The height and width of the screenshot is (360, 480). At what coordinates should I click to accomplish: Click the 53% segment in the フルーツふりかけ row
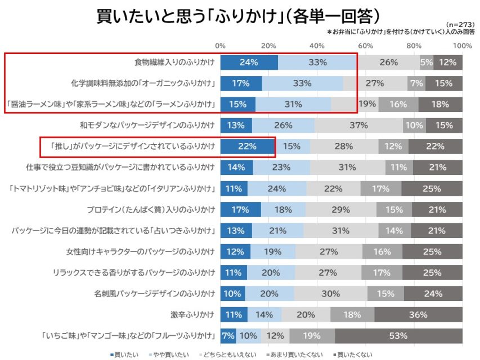click(398, 336)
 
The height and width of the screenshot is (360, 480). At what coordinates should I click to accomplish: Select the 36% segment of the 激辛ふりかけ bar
click(419, 315)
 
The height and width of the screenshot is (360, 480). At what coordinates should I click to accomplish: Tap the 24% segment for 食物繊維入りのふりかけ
click(249, 62)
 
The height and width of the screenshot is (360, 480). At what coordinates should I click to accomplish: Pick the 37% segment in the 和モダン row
click(358, 125)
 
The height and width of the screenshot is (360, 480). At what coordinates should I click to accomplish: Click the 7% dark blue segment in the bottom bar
click(228, 336)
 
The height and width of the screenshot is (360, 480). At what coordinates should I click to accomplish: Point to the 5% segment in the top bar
click(427, 62)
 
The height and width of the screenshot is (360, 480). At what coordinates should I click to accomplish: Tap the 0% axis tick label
click(221, 45)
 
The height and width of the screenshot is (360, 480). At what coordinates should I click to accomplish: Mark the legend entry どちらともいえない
click(228, 354)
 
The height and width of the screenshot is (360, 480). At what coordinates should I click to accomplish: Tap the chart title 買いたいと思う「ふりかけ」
click(239, 15)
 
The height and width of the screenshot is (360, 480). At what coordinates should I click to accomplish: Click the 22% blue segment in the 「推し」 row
click(247, 146)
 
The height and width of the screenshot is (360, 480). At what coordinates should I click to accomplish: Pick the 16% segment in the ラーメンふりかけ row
click(398, 104)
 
